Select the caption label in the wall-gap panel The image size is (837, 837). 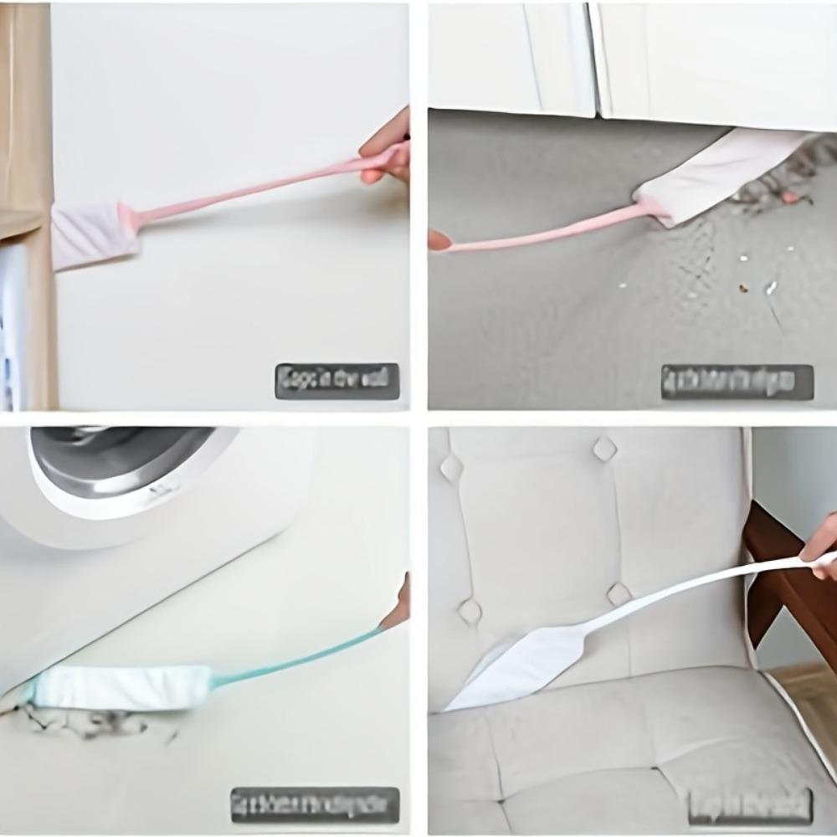(337, 381)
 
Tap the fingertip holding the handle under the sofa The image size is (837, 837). (439, 240)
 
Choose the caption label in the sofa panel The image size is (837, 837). (737, 382)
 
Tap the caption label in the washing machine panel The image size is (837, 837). (315, 804)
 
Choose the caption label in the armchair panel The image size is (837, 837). (750, 806)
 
